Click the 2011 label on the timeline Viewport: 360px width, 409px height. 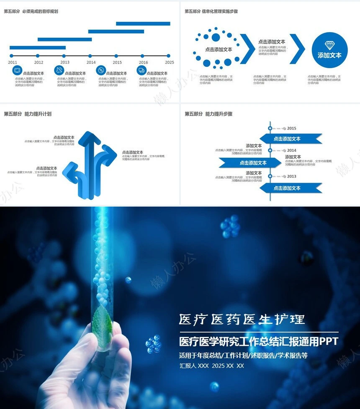click(13, 62)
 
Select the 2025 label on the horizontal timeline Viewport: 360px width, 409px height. click(169, 62)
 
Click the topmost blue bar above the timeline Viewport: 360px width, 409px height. click(143, 23)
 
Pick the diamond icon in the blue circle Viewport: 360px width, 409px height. click(329, 45)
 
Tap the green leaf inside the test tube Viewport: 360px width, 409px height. click(103, 325)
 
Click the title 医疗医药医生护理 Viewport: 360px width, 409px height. click(242, 320)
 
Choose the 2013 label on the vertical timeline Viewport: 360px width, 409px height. click(291, 176)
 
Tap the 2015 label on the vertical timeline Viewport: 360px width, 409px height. click(291, 128)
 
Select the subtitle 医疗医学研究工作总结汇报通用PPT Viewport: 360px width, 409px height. click(258, 342)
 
